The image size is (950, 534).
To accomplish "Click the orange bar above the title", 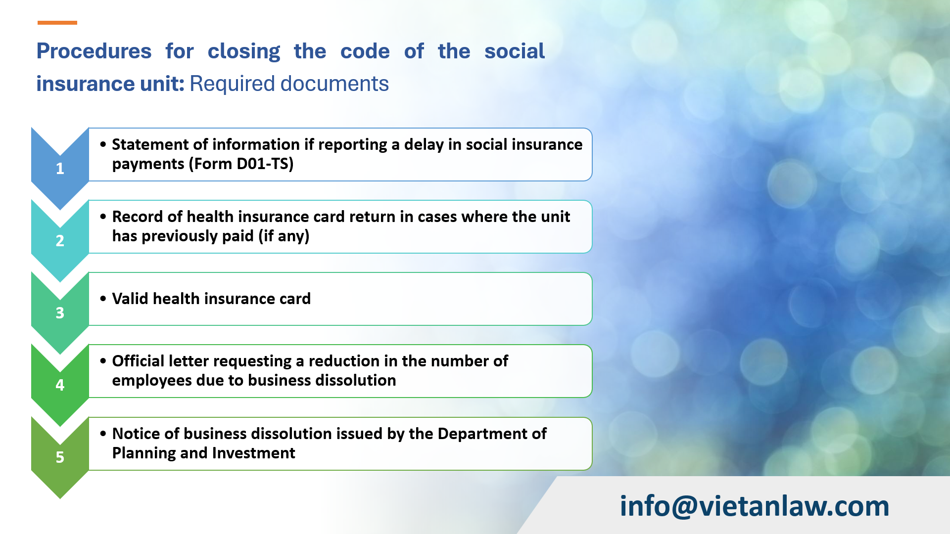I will tap(57, 23).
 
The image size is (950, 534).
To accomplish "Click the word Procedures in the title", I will tap(94, 51).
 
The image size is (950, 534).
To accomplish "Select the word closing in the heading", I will tap(243, 51).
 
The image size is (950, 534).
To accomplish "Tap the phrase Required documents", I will tap(289, 84).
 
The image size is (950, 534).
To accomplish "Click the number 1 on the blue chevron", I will tap(60, 169).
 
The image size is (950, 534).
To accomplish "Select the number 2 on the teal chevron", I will tap(60, 241).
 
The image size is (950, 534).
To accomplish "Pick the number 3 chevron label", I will tap(60, 313).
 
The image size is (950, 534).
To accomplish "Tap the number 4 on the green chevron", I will tap(60, 385).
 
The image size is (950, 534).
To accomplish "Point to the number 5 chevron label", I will tap(60, 457).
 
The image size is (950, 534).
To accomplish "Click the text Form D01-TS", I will tap(241, 164).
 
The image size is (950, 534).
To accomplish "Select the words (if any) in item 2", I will tap(284, 236).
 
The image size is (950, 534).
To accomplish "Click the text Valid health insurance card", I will tap(211, 299).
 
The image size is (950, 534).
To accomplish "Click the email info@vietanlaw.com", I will tap(755, 506).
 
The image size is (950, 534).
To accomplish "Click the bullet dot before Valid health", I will tap(103, 299).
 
